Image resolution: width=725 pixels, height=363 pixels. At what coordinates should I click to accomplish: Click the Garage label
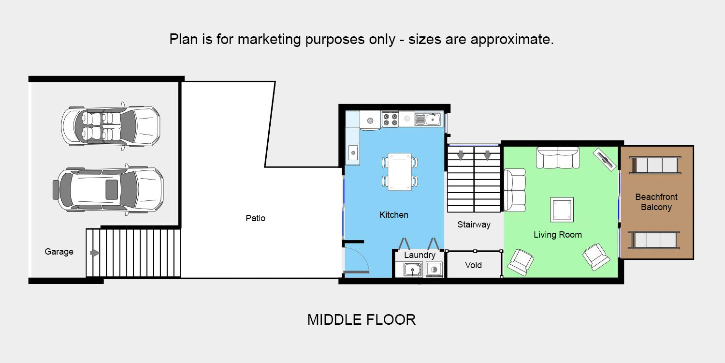(x=59, y=252)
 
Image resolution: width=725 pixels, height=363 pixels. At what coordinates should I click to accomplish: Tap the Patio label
(x=255, y=218)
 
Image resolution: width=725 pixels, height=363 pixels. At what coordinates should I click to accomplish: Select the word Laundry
(x=420, y=255)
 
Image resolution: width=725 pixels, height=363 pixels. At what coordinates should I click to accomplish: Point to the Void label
(x=473, y=265)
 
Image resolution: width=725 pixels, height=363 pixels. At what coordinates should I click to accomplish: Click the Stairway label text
(x=474, y=225)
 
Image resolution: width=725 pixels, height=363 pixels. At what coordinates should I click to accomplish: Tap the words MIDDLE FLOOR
(x=361, y=320)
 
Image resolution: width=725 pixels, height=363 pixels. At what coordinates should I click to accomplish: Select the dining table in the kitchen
(x=400, y=172)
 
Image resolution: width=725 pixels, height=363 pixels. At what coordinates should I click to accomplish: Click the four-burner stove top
(x=390, y=120)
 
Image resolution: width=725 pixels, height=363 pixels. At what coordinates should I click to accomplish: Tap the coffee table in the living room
(x=562, y=210)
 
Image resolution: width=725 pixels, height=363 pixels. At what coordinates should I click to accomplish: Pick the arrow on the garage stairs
(x=95, y=253)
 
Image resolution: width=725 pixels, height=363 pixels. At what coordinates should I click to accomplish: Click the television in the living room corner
(x=605, y=159)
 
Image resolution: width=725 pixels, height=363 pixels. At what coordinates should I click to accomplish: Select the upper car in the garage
(x=111, y=126)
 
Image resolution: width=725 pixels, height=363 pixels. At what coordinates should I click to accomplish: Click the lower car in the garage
(x=108, y=190)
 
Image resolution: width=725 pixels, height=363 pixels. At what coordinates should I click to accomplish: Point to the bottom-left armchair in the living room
(x=521, y=262)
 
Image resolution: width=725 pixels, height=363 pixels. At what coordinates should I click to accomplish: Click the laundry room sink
(x=413, y=269)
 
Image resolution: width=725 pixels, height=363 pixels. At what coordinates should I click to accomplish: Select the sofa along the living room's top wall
(x=558, y=157)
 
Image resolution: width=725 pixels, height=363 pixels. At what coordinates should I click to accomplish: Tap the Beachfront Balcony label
(x=656, y=202)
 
